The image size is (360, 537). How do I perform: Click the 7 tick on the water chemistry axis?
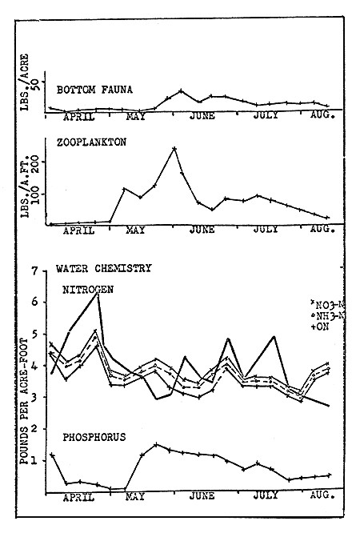(34, 272)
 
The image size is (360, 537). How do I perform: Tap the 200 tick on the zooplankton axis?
(34, 161)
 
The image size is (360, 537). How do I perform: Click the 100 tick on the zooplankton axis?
(34, 193)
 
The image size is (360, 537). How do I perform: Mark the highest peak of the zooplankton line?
(174, 148)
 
